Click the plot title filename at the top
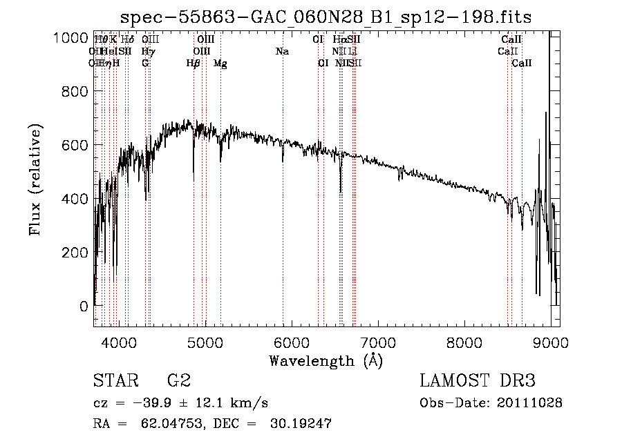tap(326, 17)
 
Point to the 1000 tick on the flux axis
tap(71, 38)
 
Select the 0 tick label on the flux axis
tap(84, 306)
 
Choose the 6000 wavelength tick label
tap(292, 341)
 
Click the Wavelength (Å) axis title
tap(326, 360)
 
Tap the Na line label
tap(282, 52)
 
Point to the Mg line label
tap(220, 64)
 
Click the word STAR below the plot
tap(115, 380)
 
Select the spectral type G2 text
tap(178, 380)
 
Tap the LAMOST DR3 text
tap(478, 380)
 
